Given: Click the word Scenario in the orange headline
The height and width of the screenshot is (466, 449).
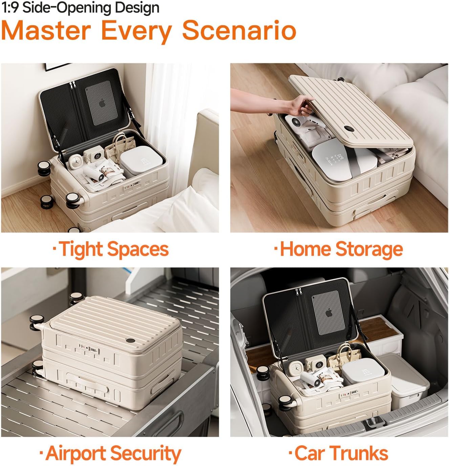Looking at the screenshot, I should coord(239,30).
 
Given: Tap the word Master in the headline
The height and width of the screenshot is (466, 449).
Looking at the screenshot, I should coord(46,30).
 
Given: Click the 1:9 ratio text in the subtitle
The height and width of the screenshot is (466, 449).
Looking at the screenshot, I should coord(10,7).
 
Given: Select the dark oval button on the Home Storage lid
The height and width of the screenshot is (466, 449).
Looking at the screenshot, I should coord(348,129).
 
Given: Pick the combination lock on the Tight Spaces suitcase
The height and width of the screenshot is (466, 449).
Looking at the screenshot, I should coord(132,185).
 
